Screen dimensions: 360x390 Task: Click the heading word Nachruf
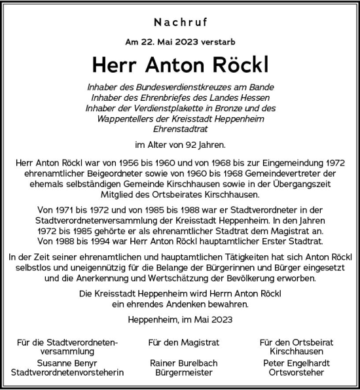coord(179,22)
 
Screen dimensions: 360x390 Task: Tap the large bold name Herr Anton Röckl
coord(179,64)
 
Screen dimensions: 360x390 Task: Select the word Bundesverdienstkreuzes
coord(199,88)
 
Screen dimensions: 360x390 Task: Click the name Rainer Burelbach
coord(179,362)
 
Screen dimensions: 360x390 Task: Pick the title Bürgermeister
coord(179,372)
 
